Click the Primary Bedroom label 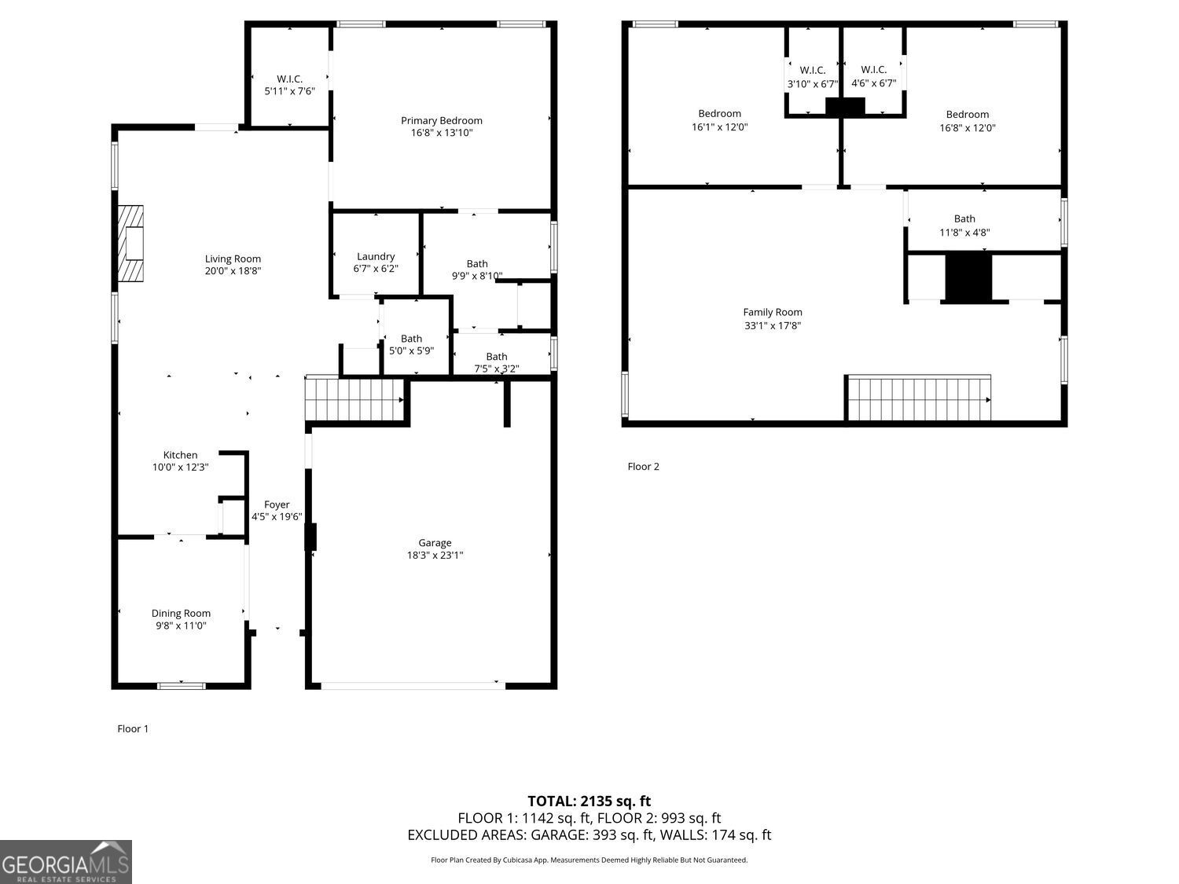point(441,120)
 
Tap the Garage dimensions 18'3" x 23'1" point(435,556)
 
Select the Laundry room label point(376,256)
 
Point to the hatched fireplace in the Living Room point(130,244)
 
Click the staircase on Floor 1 point(354,400)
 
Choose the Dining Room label point(181,613)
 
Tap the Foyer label point(277,504)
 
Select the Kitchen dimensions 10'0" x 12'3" point(180,468)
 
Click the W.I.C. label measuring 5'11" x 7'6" point(289,79)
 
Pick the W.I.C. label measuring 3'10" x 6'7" point(812,70)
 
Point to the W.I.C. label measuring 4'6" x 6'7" point(873,70)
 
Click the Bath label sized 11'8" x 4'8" point(964,219)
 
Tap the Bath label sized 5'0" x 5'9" point(411,339)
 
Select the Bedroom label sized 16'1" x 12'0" point(719,114)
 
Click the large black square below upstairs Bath point(968,277)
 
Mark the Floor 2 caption point(643,467)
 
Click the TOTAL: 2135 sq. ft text point(589,801)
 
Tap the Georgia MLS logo point(66,863)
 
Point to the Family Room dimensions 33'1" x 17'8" point(773,325)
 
